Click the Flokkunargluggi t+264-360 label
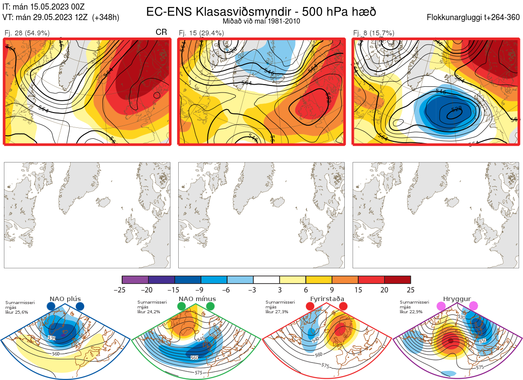pos(474,17)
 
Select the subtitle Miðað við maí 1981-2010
pos(261,21)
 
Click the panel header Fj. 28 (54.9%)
pos(27,33)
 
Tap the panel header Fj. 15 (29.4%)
pos(201,33)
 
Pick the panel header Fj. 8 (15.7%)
pos(374,33)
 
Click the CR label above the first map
pos(161,32)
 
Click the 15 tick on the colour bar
pos(358,290)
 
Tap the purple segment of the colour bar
pos(135,280)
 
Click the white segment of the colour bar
pos(266,280)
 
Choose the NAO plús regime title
pos(65,299)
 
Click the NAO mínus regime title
pos(197,299)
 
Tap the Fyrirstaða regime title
pos(327,299)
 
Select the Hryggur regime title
pos(457,299)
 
